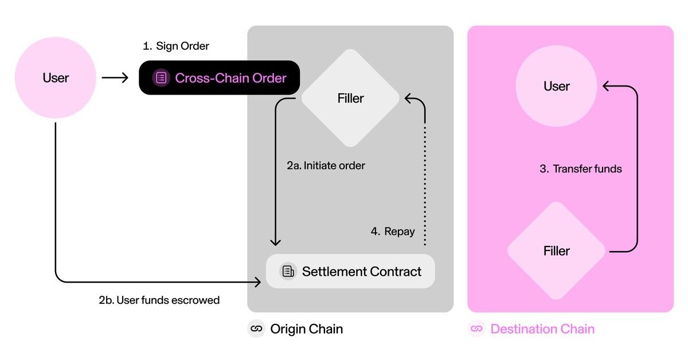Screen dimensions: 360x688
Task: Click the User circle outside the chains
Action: [55, 78]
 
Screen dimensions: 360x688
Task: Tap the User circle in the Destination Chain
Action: [556, 87]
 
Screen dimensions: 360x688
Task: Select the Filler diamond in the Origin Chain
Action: [350, 99]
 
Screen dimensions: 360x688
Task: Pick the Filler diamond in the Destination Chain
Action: [556, 251]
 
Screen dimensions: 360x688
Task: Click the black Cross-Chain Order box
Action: [220, 78]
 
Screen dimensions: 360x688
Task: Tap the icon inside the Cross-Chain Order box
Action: [162, 78]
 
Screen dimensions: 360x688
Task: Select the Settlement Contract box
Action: [350, 271]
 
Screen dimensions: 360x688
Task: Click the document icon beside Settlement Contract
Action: [288, 271]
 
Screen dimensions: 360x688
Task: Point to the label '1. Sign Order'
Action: [176, 46]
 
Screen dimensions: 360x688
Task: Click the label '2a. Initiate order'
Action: [326, 166]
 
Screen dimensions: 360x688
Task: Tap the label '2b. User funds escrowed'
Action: [159, 300]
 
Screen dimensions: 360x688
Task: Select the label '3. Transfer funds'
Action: [581, 169]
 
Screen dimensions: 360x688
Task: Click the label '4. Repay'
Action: [392, 232]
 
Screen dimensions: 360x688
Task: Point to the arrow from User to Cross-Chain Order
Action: [115, 78]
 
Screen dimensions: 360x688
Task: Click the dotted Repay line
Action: [425, 183]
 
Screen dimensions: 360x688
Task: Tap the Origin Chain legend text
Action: [306, 329]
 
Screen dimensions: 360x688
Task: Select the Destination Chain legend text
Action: [542, 329]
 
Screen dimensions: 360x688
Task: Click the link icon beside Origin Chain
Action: [256, 329]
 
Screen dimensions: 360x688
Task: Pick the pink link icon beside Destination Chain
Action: [476, 329]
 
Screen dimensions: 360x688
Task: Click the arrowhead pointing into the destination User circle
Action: [605, 87]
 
